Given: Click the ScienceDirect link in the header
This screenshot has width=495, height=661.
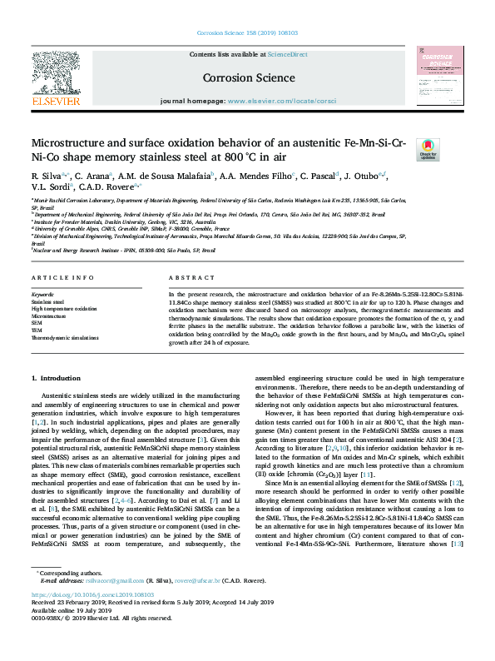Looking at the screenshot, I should (287, 54).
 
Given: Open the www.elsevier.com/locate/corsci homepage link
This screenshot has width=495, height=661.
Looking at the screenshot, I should (281, 100).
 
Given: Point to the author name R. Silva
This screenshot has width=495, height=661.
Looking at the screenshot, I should (46, 176).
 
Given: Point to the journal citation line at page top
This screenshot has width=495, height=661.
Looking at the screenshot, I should (248, 33).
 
